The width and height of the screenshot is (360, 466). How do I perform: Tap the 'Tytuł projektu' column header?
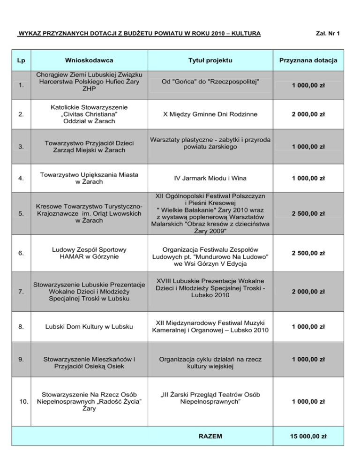(210, 60)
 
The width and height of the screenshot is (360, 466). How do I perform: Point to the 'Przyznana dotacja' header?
(308, 60)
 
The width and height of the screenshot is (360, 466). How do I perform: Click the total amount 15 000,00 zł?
(308, 436)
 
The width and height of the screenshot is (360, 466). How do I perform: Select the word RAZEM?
(210, 436)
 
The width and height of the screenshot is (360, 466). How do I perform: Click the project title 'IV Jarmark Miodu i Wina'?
(210, 178)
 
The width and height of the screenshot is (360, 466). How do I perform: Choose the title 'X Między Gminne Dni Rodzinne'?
(210, 113)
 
